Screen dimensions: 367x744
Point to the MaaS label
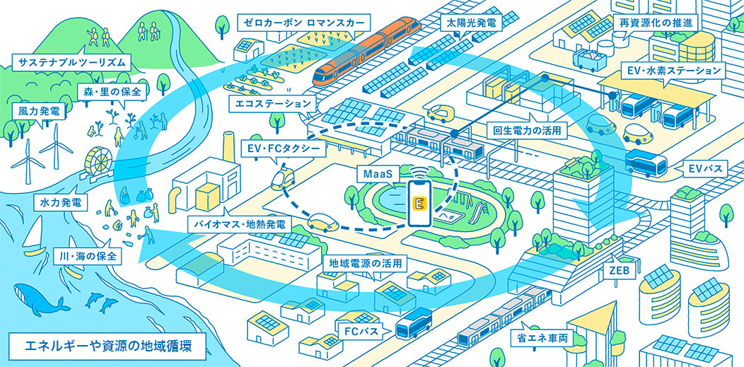click(375, 174)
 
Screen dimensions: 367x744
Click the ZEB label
click(612, 272)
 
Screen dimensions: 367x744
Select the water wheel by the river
click(97, 163)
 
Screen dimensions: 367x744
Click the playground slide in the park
click(477, 209)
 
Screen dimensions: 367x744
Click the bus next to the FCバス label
click(414, 323)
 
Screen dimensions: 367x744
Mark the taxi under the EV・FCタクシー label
click(284, 180)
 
